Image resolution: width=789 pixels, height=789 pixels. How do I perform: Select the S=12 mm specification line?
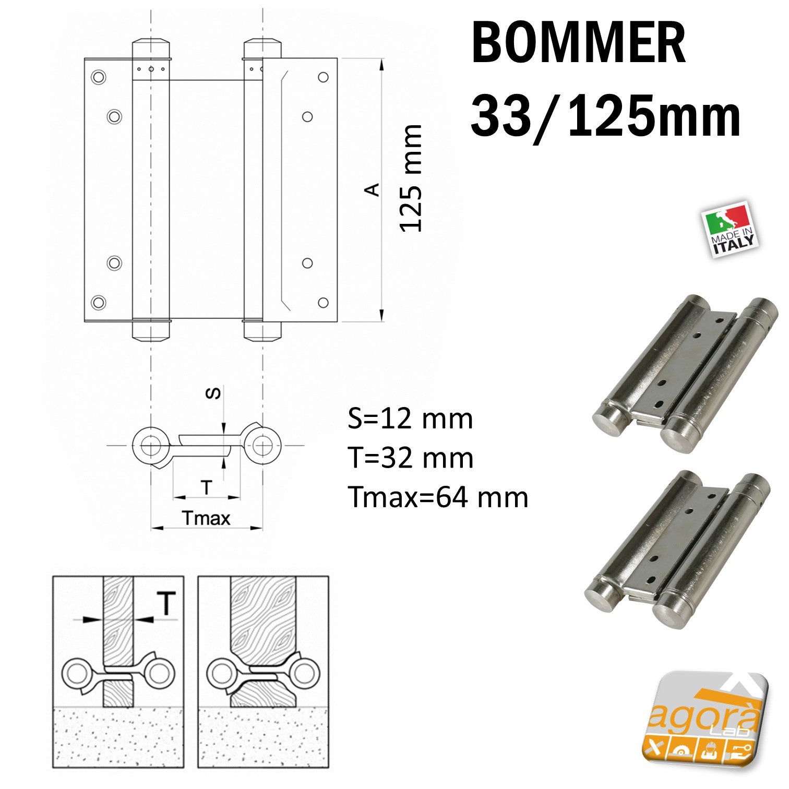(x=410, y=419)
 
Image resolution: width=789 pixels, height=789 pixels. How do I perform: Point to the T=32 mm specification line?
(x=411, y=458)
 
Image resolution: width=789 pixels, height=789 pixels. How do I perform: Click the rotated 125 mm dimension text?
(x=411, y=178)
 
